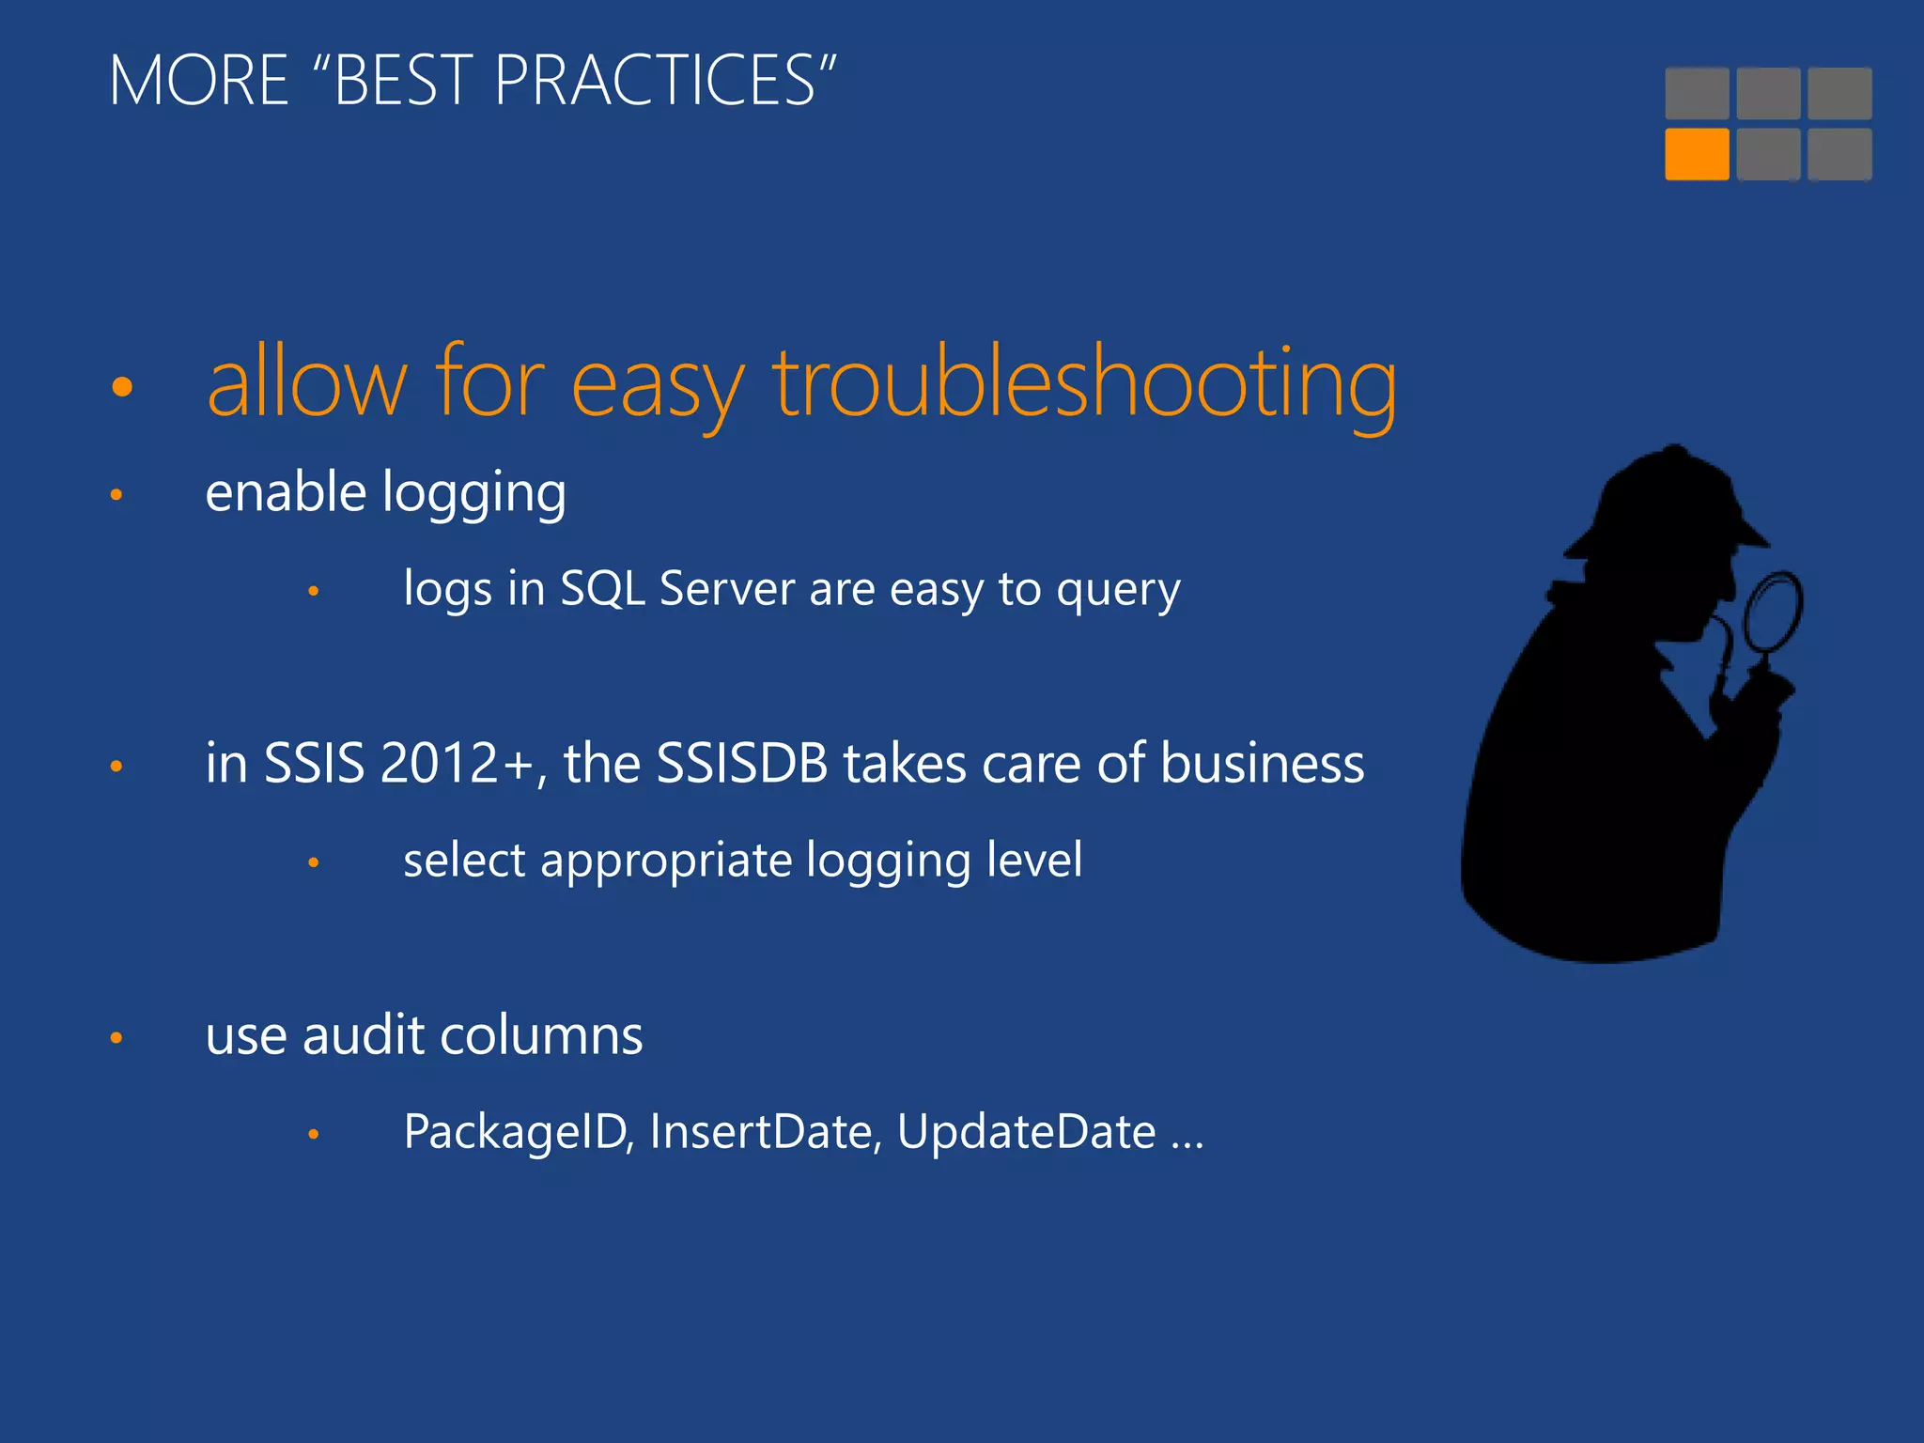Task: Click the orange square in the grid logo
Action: click(x=1696, y=154)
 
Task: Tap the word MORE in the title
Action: click(x=198, y=81)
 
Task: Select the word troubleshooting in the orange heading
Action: click(x=1084, y=383)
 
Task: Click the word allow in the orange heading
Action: click(x=306, y=383)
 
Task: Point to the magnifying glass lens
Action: click(x=1773, y=612)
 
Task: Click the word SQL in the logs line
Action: click(x=602, y=590)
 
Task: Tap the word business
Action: click(x=1262, y=763)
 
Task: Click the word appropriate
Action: click(x=666, y=861)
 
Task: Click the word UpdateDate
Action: click(x=1026, y=1132)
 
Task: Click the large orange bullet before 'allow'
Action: click(x=122, y=386)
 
